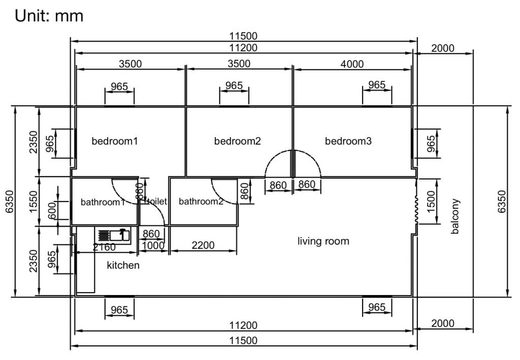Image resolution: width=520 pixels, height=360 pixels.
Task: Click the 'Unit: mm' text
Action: point(49,16)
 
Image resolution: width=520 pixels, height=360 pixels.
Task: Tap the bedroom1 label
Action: point(115,141)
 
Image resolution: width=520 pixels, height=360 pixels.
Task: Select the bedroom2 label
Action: point(237,141)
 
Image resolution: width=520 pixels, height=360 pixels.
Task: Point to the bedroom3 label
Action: point(348,141)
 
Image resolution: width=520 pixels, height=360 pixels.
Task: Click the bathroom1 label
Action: point(103,202)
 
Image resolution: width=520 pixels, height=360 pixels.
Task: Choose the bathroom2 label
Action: point(201,202)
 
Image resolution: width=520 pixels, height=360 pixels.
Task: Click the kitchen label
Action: point(123,265)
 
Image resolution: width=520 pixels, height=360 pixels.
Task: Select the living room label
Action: point(323,241)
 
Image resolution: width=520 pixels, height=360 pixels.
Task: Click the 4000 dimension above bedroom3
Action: point(352,63)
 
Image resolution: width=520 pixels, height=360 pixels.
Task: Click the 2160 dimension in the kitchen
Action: point(104,247)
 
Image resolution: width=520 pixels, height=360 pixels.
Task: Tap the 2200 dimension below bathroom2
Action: point(203,246)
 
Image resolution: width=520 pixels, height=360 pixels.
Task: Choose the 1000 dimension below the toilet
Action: point(153,246)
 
